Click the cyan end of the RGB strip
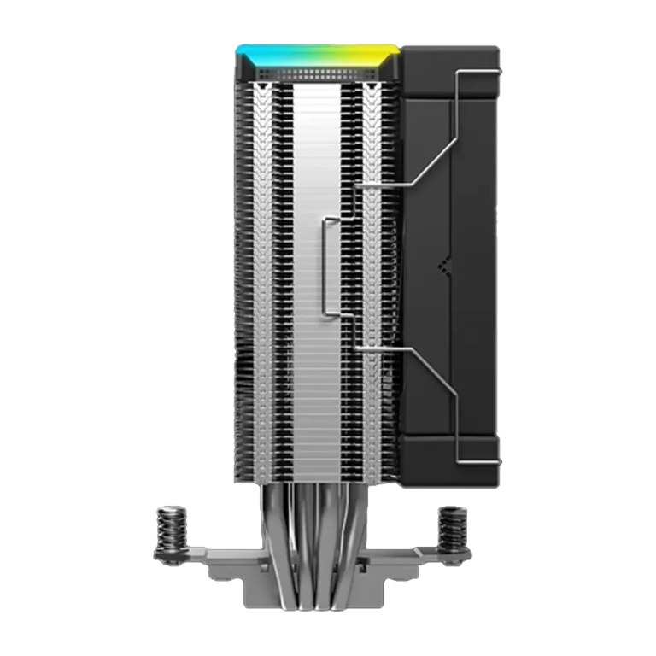pyautogui.click(x=248, y=54)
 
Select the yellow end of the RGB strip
pyautogui.click(x=380, y=54)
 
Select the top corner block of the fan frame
pyautogui.click(x=450, y=64)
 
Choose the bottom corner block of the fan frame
pyautogui.click(x=450, y=461)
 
